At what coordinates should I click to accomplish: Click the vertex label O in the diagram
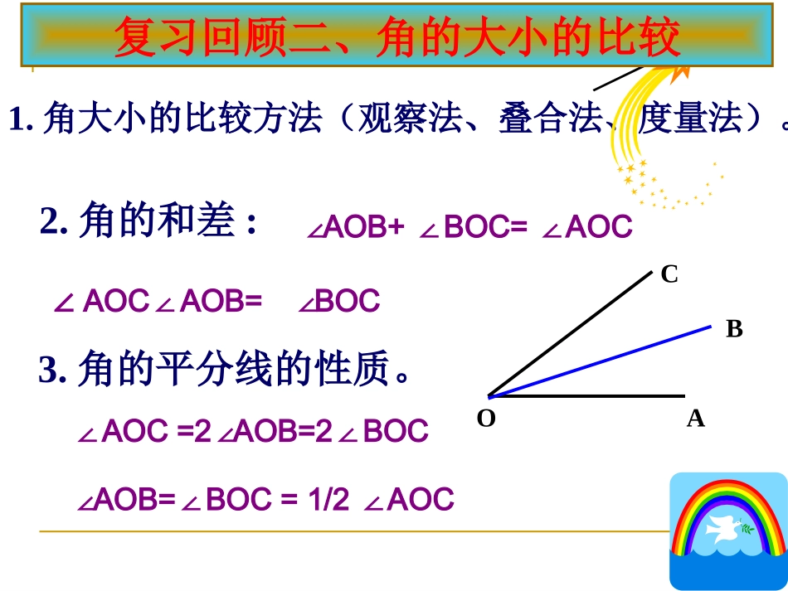click(486, 419)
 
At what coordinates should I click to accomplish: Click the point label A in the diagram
click(695, 419)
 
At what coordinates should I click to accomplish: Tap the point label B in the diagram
click(734, 329)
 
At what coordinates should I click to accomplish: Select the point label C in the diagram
click(669, 274)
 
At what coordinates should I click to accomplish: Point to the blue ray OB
click(614, 356)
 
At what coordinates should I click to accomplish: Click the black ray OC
click(572, 332)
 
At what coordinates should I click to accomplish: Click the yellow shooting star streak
click(639, 124)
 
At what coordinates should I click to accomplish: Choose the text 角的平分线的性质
click(233, 370)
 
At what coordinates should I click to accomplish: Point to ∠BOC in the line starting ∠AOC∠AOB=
click(339, 301)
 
